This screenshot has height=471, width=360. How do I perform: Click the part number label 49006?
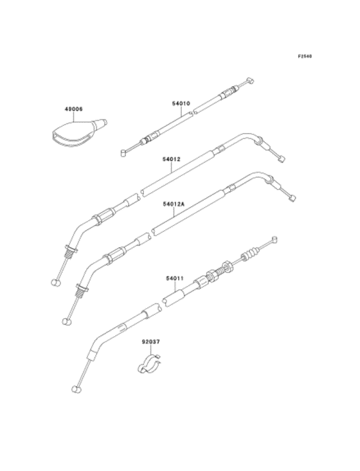[x=74, y=109]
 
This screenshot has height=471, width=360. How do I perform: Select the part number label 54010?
[x=181, y=103]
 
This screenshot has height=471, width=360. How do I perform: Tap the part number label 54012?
[x=171, y=159]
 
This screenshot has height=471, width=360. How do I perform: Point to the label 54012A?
[x=174, y=204]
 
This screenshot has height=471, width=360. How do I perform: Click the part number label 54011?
[x=175, y=278]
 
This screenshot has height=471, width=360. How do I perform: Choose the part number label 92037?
[x=151, y=342]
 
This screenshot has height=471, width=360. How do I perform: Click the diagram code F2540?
[x=305, y=56]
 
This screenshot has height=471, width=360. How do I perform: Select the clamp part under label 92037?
[x=149, y=364]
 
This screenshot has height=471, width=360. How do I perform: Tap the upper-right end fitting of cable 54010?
[x=250, y=80]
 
